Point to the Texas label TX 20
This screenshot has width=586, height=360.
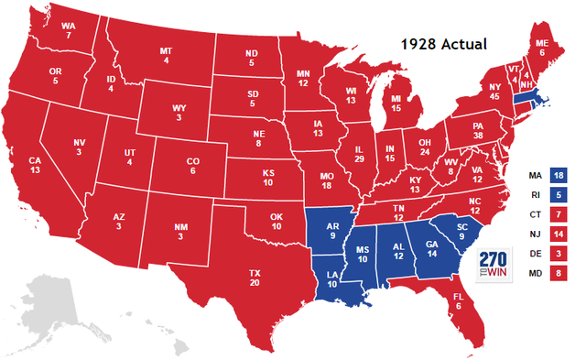pyautogui.click(x=255, y=278)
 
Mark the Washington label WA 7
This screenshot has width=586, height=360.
pyautogui.click(x=70, y=29)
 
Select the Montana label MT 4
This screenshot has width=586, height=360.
pyautogui.click(x=166, y=57)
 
